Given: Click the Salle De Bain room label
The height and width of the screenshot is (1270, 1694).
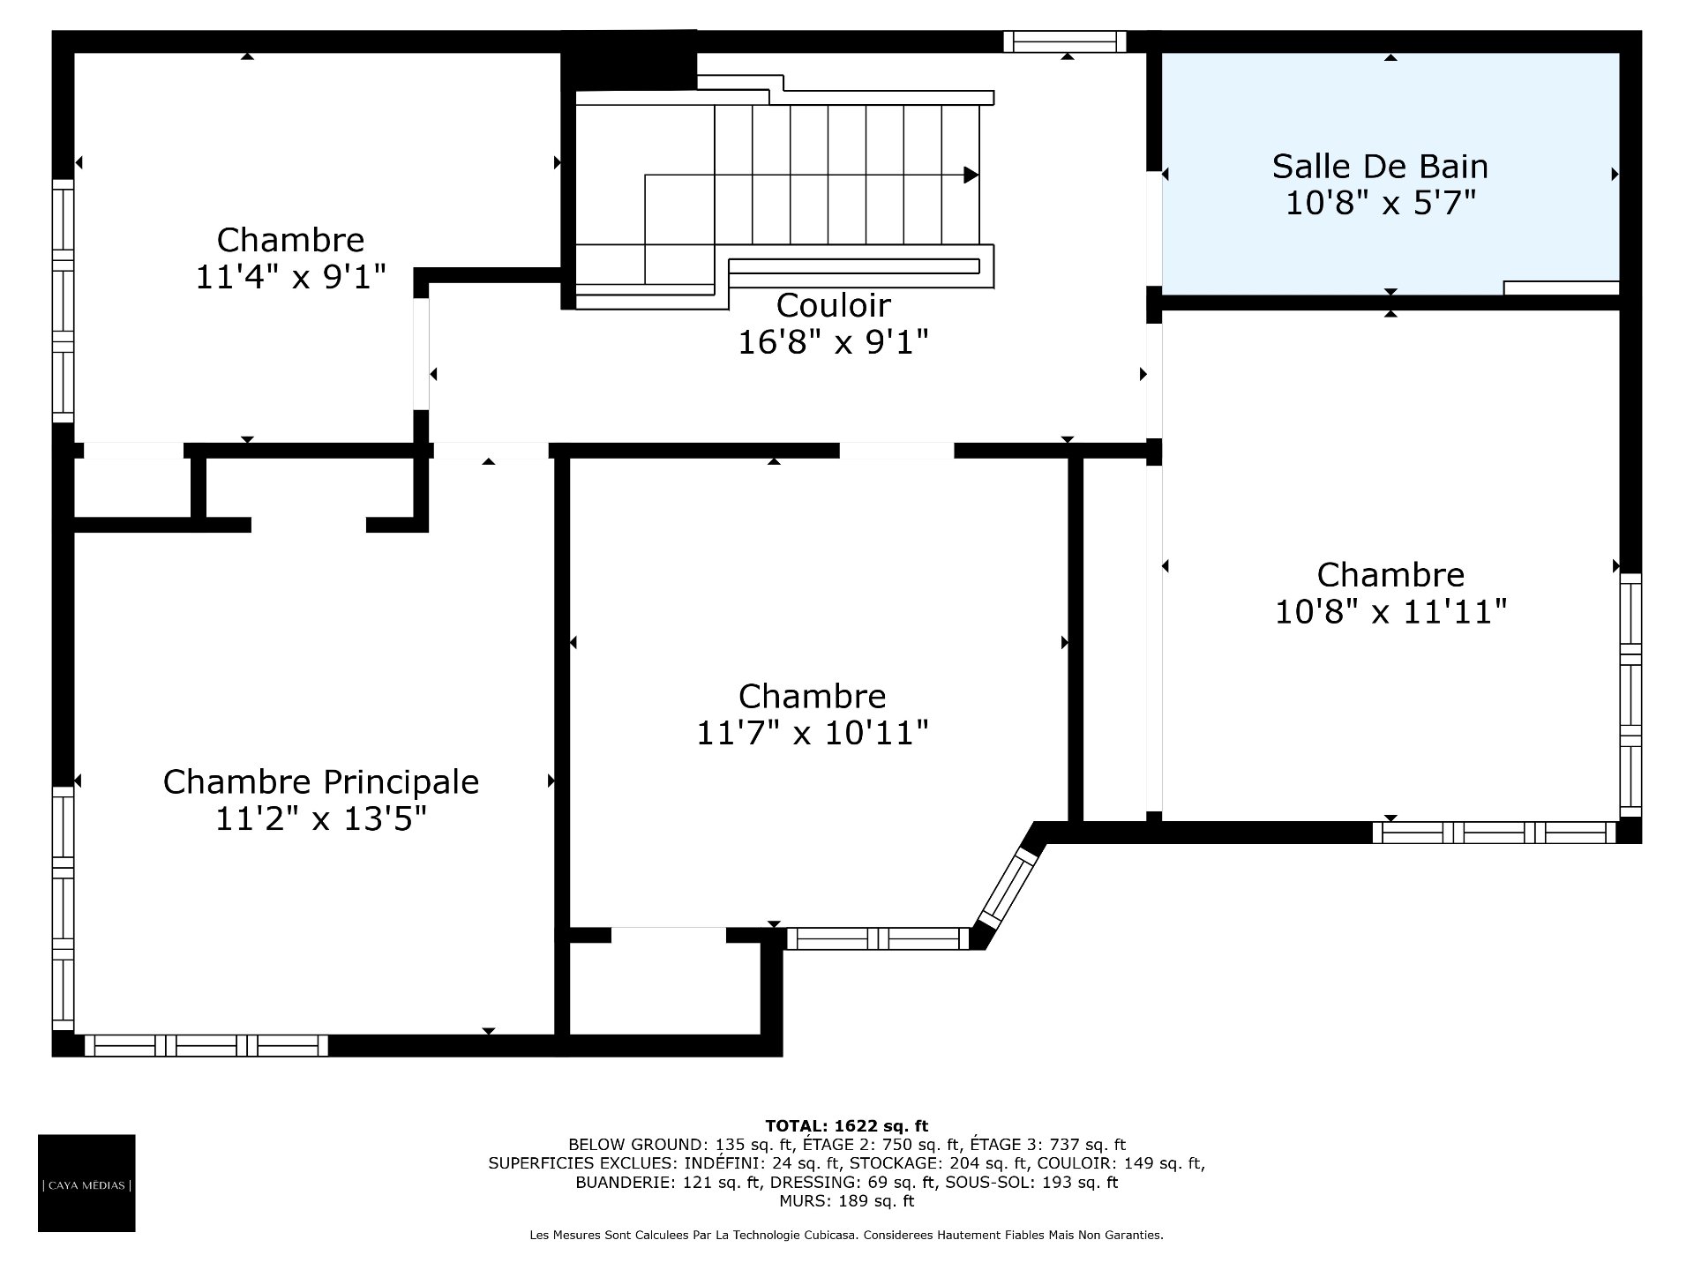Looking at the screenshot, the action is (1380, 166).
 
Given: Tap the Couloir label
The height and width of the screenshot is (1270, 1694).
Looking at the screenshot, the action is (833, 305).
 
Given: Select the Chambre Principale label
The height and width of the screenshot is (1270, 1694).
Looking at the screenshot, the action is (321, 782).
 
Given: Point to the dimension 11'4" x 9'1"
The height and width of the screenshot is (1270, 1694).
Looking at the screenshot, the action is (290, 277).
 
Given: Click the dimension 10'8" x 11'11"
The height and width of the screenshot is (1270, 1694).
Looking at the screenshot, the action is (1390, 611).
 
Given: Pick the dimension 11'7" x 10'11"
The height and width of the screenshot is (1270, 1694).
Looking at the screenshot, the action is (813, 733).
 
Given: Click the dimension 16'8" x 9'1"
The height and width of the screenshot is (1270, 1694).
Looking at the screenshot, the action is (833, 342).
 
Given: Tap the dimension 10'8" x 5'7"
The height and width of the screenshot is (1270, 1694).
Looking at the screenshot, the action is (1380, 204).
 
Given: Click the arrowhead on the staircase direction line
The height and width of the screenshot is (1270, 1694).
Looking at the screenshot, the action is (971, 175).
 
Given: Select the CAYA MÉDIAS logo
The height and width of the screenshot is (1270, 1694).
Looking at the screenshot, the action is (86, 1184).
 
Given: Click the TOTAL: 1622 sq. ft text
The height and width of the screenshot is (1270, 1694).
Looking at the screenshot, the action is (847, 1126).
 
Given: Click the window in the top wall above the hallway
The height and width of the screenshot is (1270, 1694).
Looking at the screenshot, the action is (1065, 42).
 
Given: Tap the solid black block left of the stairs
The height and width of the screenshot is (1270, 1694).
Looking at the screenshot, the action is (628, 60).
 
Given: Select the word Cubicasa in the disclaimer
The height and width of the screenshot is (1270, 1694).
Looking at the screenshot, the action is (828, 1236).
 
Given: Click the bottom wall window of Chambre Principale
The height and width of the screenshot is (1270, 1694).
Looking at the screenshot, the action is (206, 1045).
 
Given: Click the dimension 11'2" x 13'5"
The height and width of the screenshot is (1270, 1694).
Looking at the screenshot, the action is (321, 819).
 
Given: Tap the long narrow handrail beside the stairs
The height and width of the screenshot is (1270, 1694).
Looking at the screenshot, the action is (854, 266).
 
